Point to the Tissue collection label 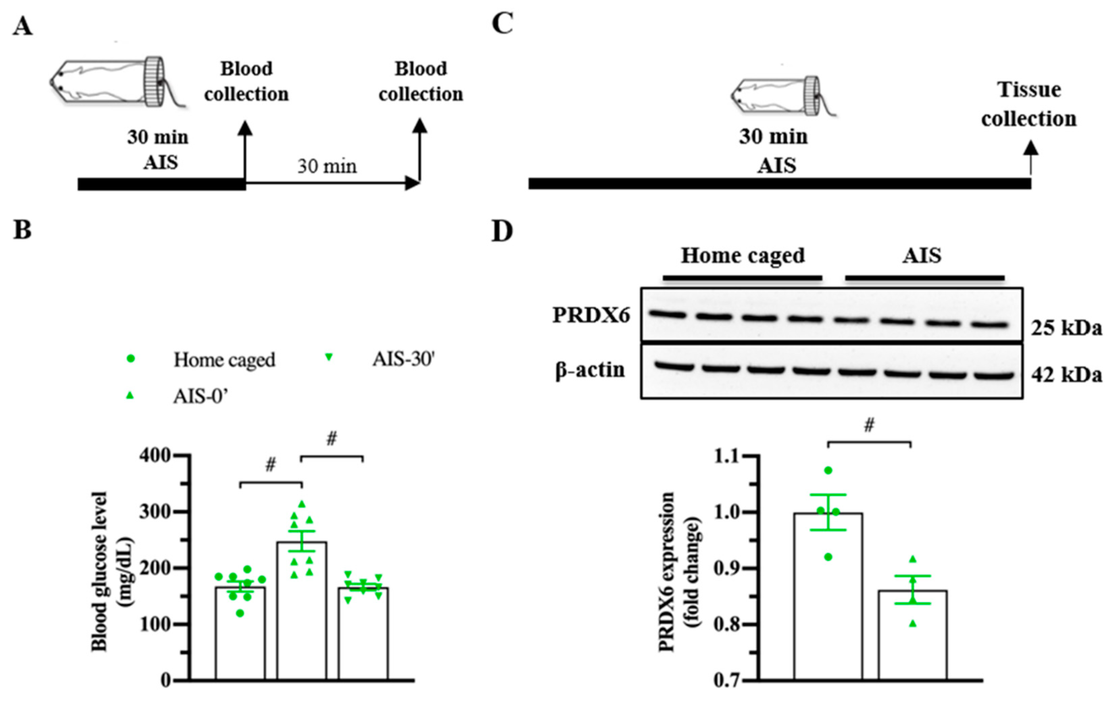coord(1029,104)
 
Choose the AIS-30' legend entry coord(404,359)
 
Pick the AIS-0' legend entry coord(201,397)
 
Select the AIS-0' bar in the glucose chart coord(301,611)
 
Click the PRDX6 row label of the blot coord(591,315)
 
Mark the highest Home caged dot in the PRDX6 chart coord(828,471)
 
